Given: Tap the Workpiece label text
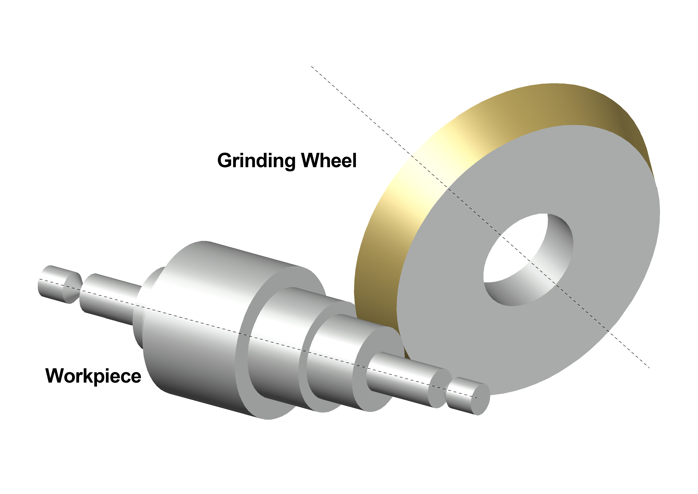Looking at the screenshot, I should click(x=93, y=376).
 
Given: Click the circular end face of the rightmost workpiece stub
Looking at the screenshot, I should click(x=480, y=399).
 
